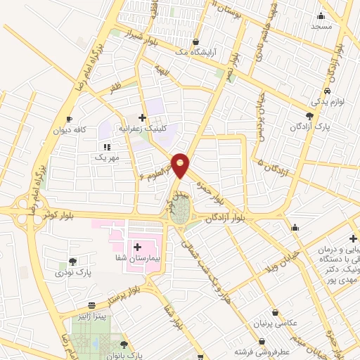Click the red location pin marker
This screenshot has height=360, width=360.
pyautogui.click(x=181, y=165)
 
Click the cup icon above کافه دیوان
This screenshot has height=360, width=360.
pyautogui.click(x=69, y=119)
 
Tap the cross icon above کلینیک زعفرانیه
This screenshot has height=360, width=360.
pyautogui.click(x=143, y=117)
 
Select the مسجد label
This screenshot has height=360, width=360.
pyautogui.click(x=321, y=26)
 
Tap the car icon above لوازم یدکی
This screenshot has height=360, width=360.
pyautogui.click(x=327, y=91)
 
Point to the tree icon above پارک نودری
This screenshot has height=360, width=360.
pyautogui.click(x=73, y=260)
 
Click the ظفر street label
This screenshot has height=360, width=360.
pyautogui.click(x=115, y=89)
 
